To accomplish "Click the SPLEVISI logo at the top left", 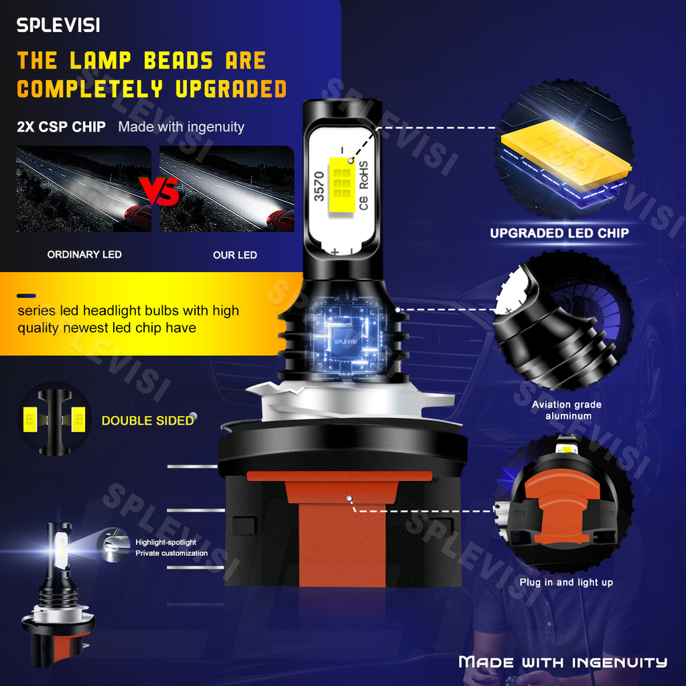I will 58,25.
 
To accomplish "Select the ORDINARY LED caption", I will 84,255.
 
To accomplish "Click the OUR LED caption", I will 234,255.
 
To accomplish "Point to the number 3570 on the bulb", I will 320,187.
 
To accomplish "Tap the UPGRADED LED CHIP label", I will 559,233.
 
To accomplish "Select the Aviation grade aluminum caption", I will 567,410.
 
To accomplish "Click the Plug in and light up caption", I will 566,582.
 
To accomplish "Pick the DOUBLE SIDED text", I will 147,421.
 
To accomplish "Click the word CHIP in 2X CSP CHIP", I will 88,127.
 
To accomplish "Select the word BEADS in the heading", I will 178,61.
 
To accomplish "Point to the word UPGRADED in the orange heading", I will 228,88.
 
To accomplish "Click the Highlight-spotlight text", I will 165,542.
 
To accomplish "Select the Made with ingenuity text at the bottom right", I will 563,662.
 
